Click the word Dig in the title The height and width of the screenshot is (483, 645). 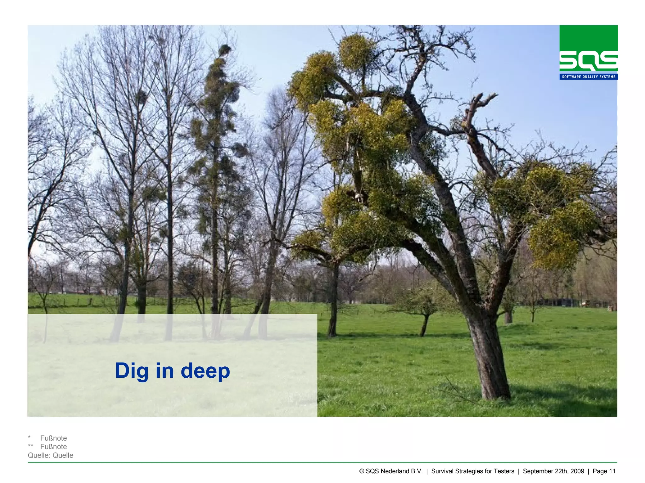[132, 371]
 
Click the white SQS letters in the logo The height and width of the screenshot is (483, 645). [588, 62]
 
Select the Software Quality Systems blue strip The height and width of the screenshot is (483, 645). [588, 77]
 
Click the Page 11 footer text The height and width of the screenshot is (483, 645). [604, 471]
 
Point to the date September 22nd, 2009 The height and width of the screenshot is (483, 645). [553, 471]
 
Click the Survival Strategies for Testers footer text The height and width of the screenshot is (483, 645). [472, 471]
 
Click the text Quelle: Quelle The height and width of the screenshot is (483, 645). [50, 455]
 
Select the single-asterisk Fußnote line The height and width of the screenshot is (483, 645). [53, 438]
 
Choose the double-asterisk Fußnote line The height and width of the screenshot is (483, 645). [53, 447]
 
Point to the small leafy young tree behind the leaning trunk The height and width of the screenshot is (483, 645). [422, 302]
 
